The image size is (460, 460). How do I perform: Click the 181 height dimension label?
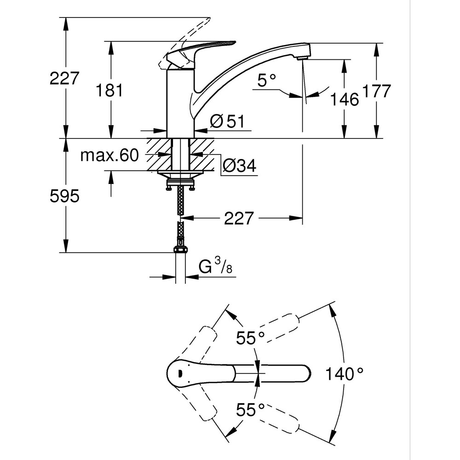(109, 90)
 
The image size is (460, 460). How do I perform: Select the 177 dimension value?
(376, 91)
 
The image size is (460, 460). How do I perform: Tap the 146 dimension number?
(345, 98)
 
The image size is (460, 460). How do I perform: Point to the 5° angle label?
(266, 81)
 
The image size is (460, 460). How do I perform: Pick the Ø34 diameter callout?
(239, 166)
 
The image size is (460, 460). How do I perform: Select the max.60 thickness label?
(109, 156)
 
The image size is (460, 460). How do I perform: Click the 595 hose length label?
(64, 196)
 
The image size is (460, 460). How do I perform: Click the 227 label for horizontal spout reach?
(239, 218)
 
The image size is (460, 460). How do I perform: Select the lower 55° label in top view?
(251, 409)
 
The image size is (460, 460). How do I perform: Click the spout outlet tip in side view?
(302, 57)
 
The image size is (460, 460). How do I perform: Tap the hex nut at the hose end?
(180, 250)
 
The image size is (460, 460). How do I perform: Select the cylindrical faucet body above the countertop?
(180, 103)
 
